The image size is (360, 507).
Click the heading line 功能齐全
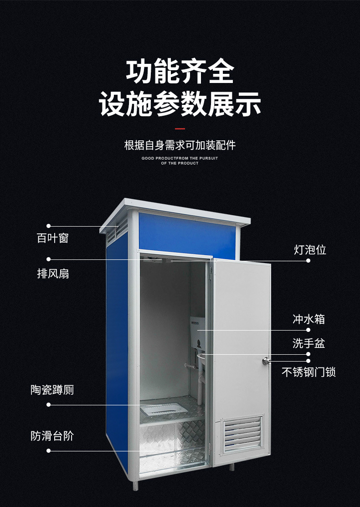point(180,72)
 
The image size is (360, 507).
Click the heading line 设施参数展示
point(180,104)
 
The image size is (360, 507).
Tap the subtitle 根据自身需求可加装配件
point(180,145)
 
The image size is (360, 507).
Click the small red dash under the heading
point(180,129)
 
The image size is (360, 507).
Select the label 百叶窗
point(52,238)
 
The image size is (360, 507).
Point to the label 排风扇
point(52,274)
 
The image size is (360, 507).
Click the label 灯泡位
point(310,250)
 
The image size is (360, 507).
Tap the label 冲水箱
point(309,319)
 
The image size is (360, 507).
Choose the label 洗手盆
point(309,343)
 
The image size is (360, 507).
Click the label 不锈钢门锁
point(309,372)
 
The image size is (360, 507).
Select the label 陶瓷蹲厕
point(52,390)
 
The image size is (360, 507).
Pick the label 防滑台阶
point(52,436)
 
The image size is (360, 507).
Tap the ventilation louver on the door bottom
point(242,434)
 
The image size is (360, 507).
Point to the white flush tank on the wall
point(198,329)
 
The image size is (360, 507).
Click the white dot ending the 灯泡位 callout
point(308,261)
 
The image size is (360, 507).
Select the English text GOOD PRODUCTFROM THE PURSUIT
point(180,158)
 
